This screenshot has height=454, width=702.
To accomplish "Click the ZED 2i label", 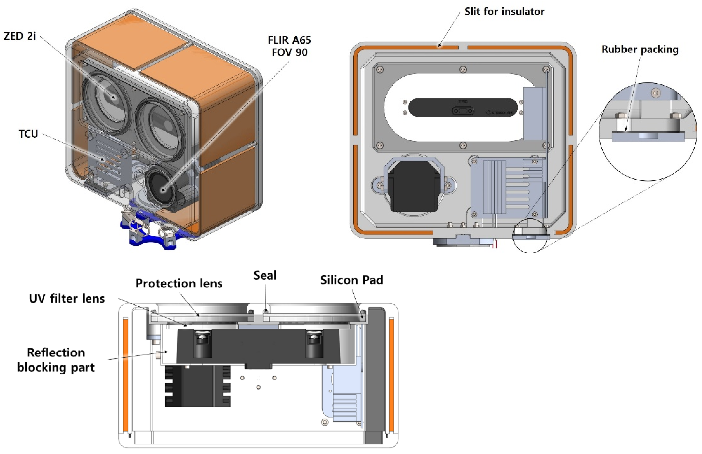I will point(19,36).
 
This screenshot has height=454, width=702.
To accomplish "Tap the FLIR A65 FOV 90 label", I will point(289,46).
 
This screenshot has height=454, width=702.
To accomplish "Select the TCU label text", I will point(28,134).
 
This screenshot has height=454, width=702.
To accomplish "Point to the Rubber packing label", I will point(640,49).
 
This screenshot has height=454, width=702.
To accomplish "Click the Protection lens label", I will point(179,283).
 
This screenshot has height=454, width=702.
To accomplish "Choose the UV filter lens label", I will point(67,298).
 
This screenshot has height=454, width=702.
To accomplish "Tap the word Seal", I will point(265,275).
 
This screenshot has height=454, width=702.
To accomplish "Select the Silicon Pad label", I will point(351,280).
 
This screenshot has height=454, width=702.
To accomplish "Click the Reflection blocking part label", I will point(56,360).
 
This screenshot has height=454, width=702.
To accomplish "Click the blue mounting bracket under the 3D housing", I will point(150,233).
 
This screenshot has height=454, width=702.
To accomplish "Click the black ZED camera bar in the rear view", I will point(463,107).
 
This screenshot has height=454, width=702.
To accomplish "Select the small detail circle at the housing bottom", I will point(530,236).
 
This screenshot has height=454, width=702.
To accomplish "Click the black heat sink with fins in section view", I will point(197,386).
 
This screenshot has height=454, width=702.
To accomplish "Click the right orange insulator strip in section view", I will point(391,374).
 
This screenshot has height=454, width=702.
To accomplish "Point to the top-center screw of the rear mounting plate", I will point(463,70).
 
